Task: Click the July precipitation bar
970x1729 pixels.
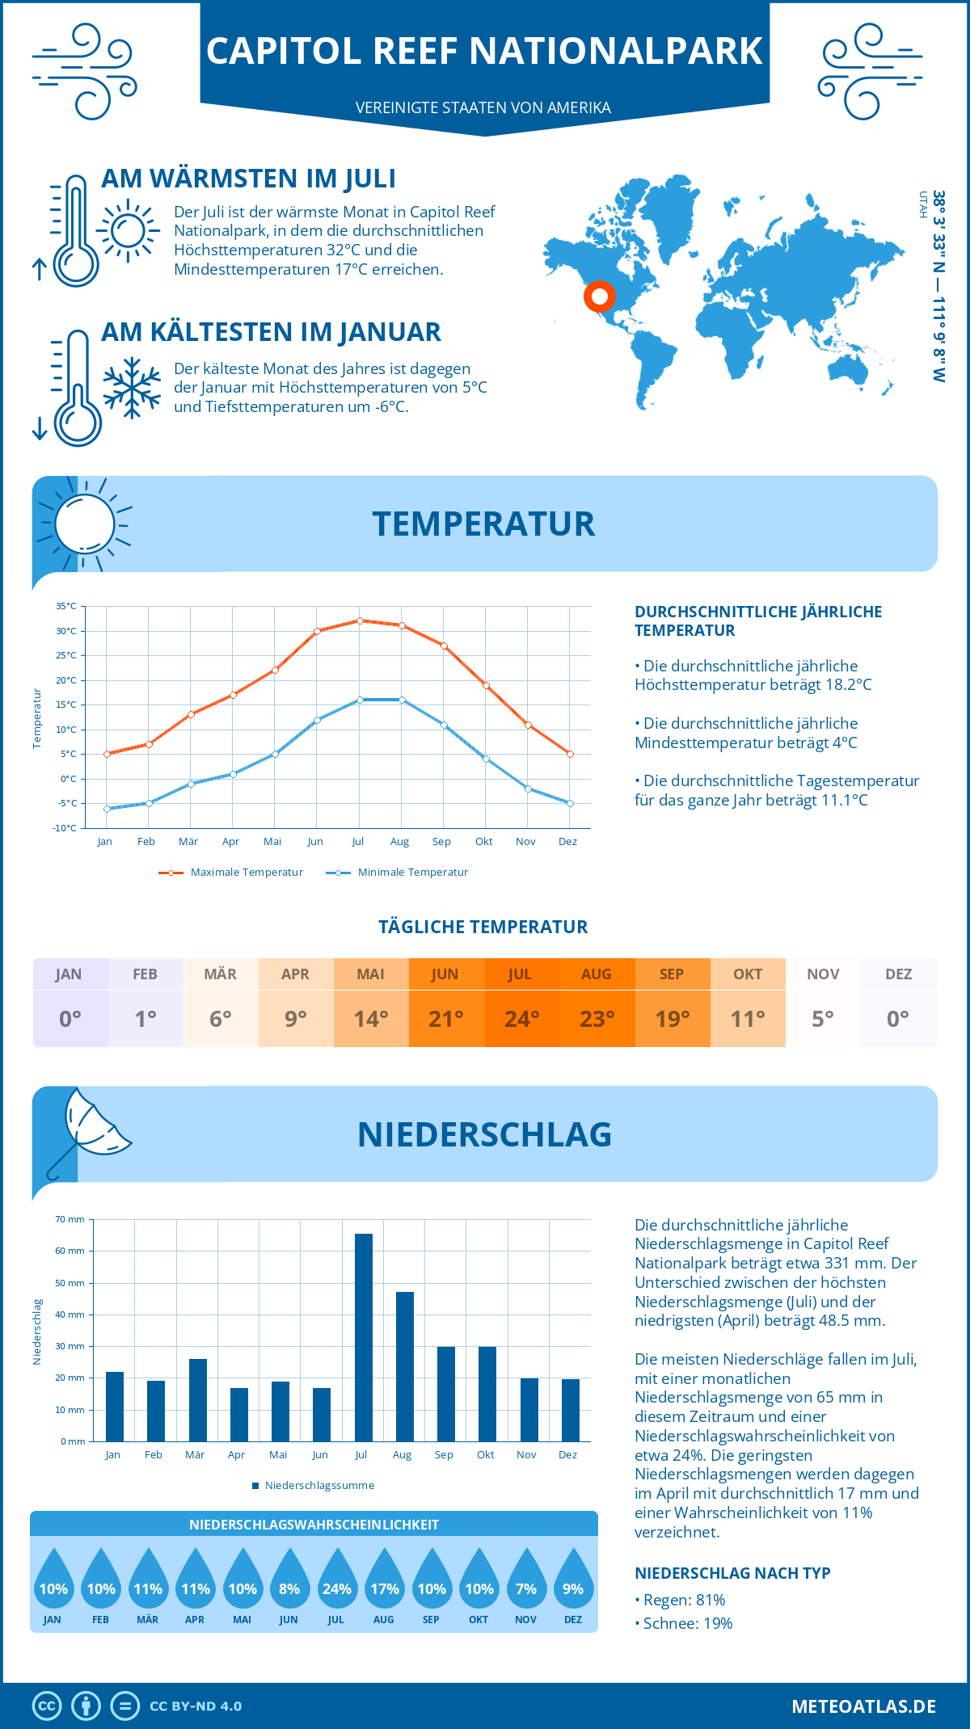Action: (x=364, y=1337)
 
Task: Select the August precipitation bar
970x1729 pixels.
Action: (x=405, y=1366)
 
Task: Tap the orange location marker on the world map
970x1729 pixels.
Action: (x=599, y=297)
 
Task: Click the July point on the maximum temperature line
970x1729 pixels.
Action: (x=360, y=621)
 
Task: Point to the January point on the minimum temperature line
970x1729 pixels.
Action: (x=107, y=809)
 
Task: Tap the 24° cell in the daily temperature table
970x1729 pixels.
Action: (x=521, y=1019)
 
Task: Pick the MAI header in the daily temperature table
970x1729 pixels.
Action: (x=371, y=974)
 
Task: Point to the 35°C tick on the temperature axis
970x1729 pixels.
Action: (x=66, y=606)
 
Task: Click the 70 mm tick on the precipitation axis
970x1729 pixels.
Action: (x=70, y=1219)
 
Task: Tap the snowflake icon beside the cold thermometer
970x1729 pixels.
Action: (x=132, y=388)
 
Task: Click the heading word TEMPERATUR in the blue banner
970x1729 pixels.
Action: (x=483, y=524)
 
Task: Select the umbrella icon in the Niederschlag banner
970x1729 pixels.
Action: (x=89, y=1131)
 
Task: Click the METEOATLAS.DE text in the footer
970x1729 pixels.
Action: (x=863, y=1706)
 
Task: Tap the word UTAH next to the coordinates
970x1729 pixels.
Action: (x=922, y=204)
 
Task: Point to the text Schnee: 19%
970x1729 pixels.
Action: (x=687, y=1623)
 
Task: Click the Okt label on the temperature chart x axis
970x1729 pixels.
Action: (x=483, y=842)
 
